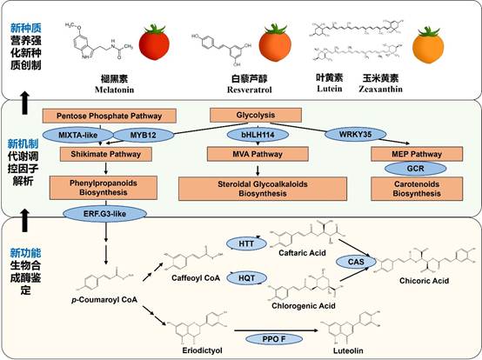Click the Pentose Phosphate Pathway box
[97, 116]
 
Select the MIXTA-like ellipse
[83, 135]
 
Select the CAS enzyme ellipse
[356, 260]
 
